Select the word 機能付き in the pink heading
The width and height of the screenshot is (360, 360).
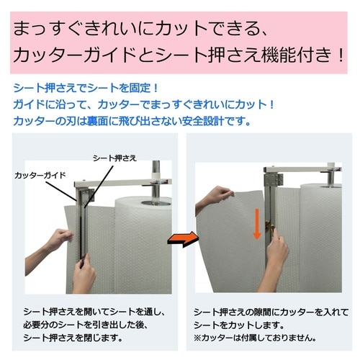point(288,55)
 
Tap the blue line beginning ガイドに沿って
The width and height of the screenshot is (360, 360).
point(144,104)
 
